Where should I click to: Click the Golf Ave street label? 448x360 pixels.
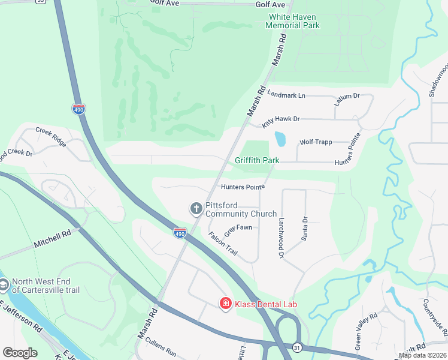tap(267, 4)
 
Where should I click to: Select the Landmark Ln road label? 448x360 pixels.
tap(286, 95)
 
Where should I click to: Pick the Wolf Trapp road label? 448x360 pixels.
tap(315, 142)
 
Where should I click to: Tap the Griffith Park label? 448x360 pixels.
tap(257, 161)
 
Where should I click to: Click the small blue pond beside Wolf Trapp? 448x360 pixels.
tap(280, 139)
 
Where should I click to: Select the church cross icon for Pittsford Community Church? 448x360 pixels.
tap(195, 209)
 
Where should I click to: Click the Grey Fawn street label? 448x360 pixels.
tap(238, 228)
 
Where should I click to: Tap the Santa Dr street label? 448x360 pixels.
tap(305, 227)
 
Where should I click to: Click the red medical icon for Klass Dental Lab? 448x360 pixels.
tap(226, 304)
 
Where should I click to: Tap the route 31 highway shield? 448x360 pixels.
tap(297, 347)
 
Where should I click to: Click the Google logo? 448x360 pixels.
tap(20, 353)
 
